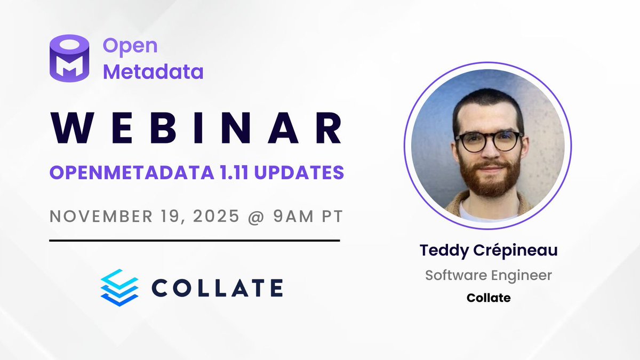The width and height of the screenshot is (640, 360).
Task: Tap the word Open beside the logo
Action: pyautogui.click(x=130, y=46)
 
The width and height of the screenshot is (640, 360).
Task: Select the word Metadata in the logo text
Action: pyautogui.click(x=153, y=71)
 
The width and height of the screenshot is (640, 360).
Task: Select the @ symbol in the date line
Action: pyautogui.click(x=245, y=218)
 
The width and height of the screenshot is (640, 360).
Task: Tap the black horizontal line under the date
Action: pyautogui.click(x=194, y=241)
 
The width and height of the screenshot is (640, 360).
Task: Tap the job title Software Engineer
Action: pyautogui.click(x=488, y=275)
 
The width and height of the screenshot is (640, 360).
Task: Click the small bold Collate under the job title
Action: pyautogui.click(x=488, y=298)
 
